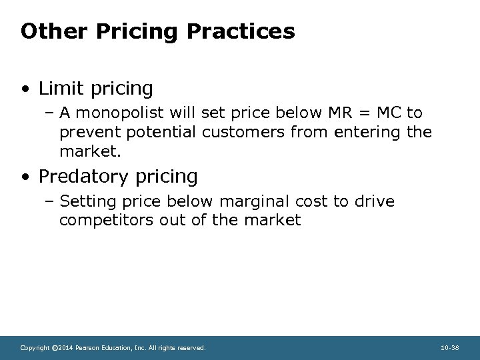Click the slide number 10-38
(x=451, y=348)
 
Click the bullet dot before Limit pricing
(x=25, y=89)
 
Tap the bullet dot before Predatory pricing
(x=25, y=177)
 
